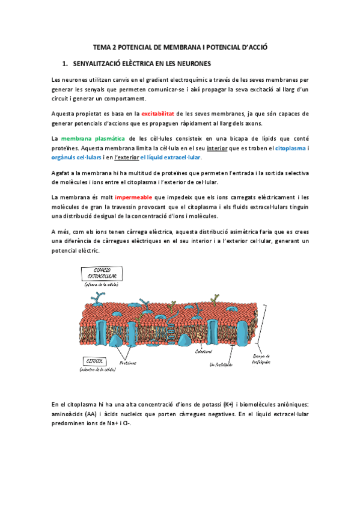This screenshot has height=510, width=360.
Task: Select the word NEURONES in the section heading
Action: click(x=189, y=63)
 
